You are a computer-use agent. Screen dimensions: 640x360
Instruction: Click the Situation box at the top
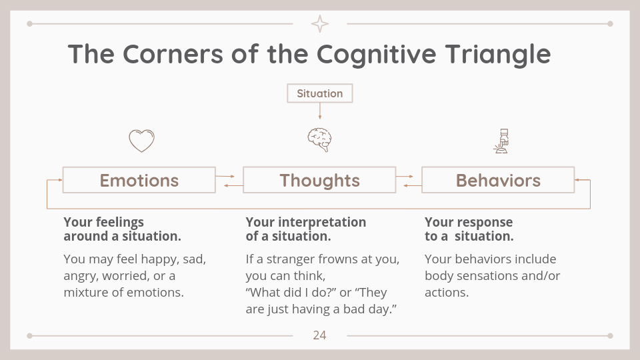pyautogui.click(x=319, y=93)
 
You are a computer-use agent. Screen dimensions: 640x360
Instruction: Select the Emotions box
pyautogui.click(x=139, y=180)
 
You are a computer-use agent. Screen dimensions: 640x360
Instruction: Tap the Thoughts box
pyautogui.click(x=319, y=180)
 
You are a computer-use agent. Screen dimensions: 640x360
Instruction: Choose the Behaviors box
pyautogui.click(x=498, y=180)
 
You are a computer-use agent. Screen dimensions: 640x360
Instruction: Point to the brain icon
pyautogui.click(x=319, y=140)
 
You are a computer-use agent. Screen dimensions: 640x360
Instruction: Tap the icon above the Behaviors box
pyautogui.click(x=501, y=141)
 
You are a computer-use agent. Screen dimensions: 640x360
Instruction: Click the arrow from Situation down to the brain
pyautogui.click(x=319, y=111)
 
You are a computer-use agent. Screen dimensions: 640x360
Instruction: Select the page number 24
pyautogui.click(x=319, y=335)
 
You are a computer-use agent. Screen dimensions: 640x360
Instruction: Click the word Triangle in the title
pyautogui.click(x=498, y=54)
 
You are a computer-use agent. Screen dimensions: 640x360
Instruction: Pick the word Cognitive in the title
pyautogui.click(x=376, y=54)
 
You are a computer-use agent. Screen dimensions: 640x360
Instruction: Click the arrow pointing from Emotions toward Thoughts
pyautogui.click(x=225, y=176)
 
